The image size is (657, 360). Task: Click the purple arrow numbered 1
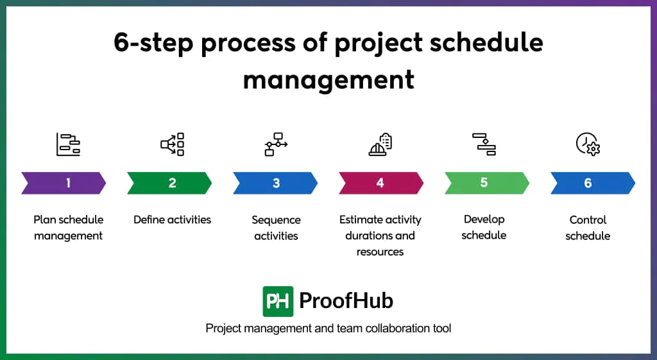click(64, 183)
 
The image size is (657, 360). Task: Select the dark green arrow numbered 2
click(169, 183)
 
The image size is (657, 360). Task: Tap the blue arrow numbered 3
click(275, 183)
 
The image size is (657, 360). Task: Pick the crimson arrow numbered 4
click(380, 183)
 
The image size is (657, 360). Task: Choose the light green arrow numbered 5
click(486, 183)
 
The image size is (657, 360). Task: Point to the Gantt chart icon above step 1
click(68, 144)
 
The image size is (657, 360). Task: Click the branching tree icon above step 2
click(173, 144)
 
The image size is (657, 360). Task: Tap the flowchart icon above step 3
click(276, 144)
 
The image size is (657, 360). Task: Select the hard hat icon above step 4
click(380, 145)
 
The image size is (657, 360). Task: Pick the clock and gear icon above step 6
click(588, 144)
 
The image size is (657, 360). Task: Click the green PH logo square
click(278, 301)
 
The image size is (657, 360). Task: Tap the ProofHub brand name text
click(346, 301)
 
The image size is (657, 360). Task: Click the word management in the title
click(328, 80)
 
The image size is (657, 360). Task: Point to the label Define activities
click(172, 219)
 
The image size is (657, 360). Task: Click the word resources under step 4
click(380, 252)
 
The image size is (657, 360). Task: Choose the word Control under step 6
click(588, 219)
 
